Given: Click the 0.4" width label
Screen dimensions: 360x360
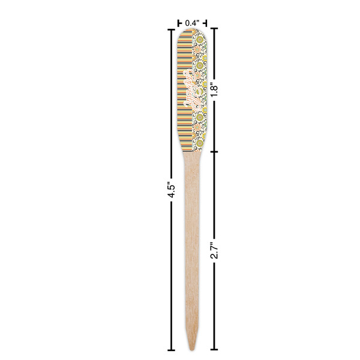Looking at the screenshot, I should pyautogui.click(x=191, y=23).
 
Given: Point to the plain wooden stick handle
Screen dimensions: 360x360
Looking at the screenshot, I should pyautogui.click(x=191, y=240).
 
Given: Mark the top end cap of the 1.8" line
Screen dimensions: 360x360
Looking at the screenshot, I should pyautogui.click(x=215, y=28).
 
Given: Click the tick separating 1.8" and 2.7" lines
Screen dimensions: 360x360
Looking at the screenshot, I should pyautogui.click(x=215, y=151).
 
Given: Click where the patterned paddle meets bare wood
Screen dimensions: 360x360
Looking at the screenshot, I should pyautogui.click(x=191, y=151).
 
